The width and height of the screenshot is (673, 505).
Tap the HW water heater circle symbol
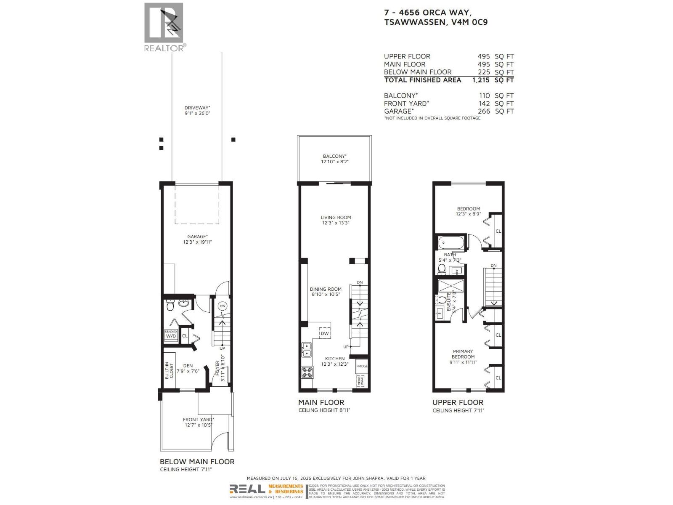[x=223, y=306]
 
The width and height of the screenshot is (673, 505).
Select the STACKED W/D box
[x=171, y=335]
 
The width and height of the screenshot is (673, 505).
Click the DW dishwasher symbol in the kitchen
[x=325, y=333]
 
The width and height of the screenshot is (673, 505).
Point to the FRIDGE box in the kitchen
[x=362, y=366]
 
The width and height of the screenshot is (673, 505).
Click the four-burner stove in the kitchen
[x=307, y=372]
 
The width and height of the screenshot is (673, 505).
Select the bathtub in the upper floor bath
[x=450, y=243]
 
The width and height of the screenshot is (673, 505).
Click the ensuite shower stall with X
[x=450, y=286]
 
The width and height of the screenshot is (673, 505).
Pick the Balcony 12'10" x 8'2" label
[x=335, y=159]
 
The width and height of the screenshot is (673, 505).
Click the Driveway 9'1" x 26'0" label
[x=197, y=110]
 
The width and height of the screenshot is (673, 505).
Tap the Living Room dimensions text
[x=336, y=223]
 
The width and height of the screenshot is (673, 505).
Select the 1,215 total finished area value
[x=481, y=80]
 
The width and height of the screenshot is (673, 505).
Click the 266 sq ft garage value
[x=484, y=111]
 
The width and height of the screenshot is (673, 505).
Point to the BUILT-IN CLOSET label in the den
[x=169, y=371]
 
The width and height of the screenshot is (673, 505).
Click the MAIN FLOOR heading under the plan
[x=321, y=402]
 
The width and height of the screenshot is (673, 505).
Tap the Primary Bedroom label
[x=463, y=354]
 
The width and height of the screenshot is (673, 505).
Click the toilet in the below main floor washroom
[x=170, y=306]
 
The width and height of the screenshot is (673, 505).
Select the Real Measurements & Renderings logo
[x=266, y=489]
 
